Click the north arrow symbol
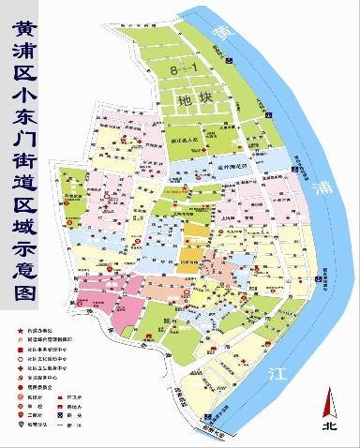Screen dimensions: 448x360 click(329, 398)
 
